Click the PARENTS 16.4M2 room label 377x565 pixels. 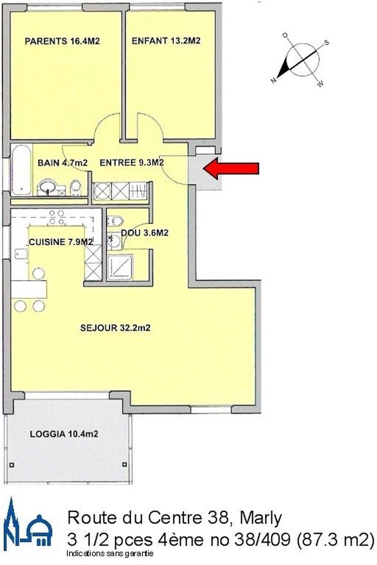pos(62,41)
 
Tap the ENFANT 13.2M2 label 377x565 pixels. pos(166,40)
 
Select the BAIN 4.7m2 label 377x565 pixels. pos(63,163)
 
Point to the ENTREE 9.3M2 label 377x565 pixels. pos(131,163)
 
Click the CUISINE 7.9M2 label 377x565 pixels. pos(61,242)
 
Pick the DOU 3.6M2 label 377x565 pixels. pos(145,233)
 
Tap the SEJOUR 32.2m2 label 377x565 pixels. pos(115,328)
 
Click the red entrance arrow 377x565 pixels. pos(231,168)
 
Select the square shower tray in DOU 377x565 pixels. pos(120,267)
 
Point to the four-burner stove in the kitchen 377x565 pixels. pos(57,217)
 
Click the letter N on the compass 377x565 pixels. pos(273,81)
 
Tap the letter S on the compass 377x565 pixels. pos(327,43)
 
